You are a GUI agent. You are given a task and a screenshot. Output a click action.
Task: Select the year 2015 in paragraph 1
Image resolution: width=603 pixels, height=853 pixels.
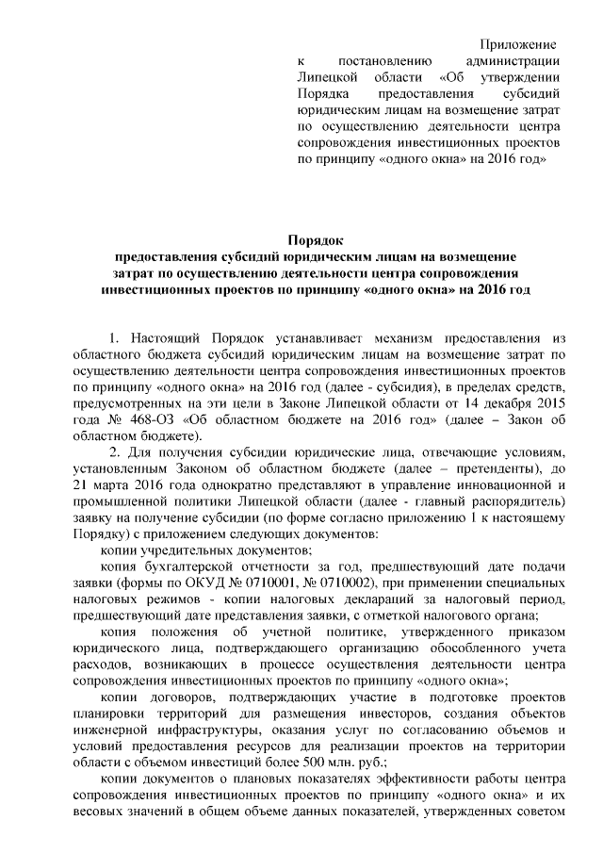547,405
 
